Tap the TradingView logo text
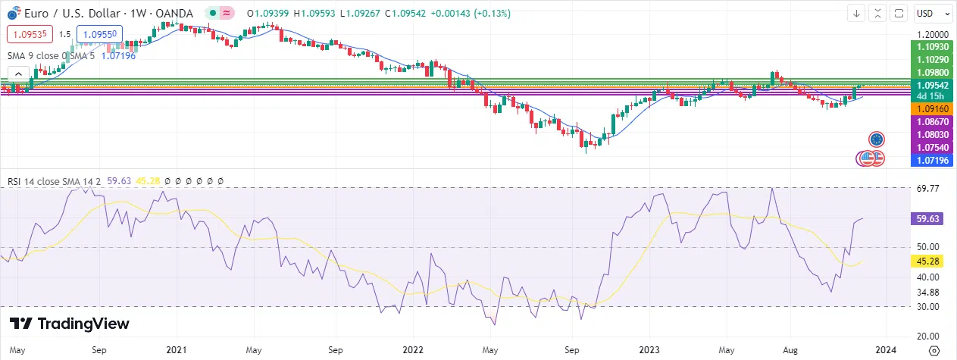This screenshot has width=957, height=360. pos(70,324)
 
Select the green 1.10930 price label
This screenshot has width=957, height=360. pos(931,47)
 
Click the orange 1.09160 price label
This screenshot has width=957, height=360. pos(931,109)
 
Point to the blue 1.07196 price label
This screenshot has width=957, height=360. pos(931,160)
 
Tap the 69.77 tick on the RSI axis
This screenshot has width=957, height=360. pos(928,188)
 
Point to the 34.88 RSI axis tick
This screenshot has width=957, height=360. pos(928,292)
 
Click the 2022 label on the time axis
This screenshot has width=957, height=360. pos(414,351)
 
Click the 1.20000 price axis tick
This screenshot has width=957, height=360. pos(931,35)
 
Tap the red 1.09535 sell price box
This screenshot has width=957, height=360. pos(28,34)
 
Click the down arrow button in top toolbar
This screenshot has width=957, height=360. pos(857,13)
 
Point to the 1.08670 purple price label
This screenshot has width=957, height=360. pos(931,121)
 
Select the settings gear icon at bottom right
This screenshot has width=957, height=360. pos(934,350)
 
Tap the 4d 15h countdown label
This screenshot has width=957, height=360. pos(931,96)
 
